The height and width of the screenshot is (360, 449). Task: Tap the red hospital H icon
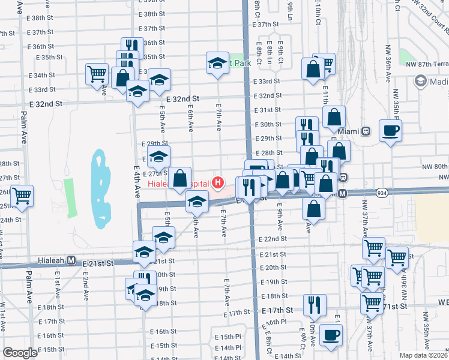218,182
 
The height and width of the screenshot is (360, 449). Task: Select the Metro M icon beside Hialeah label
71,261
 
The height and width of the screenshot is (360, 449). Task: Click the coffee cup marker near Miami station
390,131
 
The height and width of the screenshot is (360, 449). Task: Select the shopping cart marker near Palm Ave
22,196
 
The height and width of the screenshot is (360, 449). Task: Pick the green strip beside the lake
70,198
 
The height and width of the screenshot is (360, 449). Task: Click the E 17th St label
277,310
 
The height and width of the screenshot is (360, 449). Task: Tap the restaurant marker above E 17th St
315,304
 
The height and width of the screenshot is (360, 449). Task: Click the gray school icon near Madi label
420,81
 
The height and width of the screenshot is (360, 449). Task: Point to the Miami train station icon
365,131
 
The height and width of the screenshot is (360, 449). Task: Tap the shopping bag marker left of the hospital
179,178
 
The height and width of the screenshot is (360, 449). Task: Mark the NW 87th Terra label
427,64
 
